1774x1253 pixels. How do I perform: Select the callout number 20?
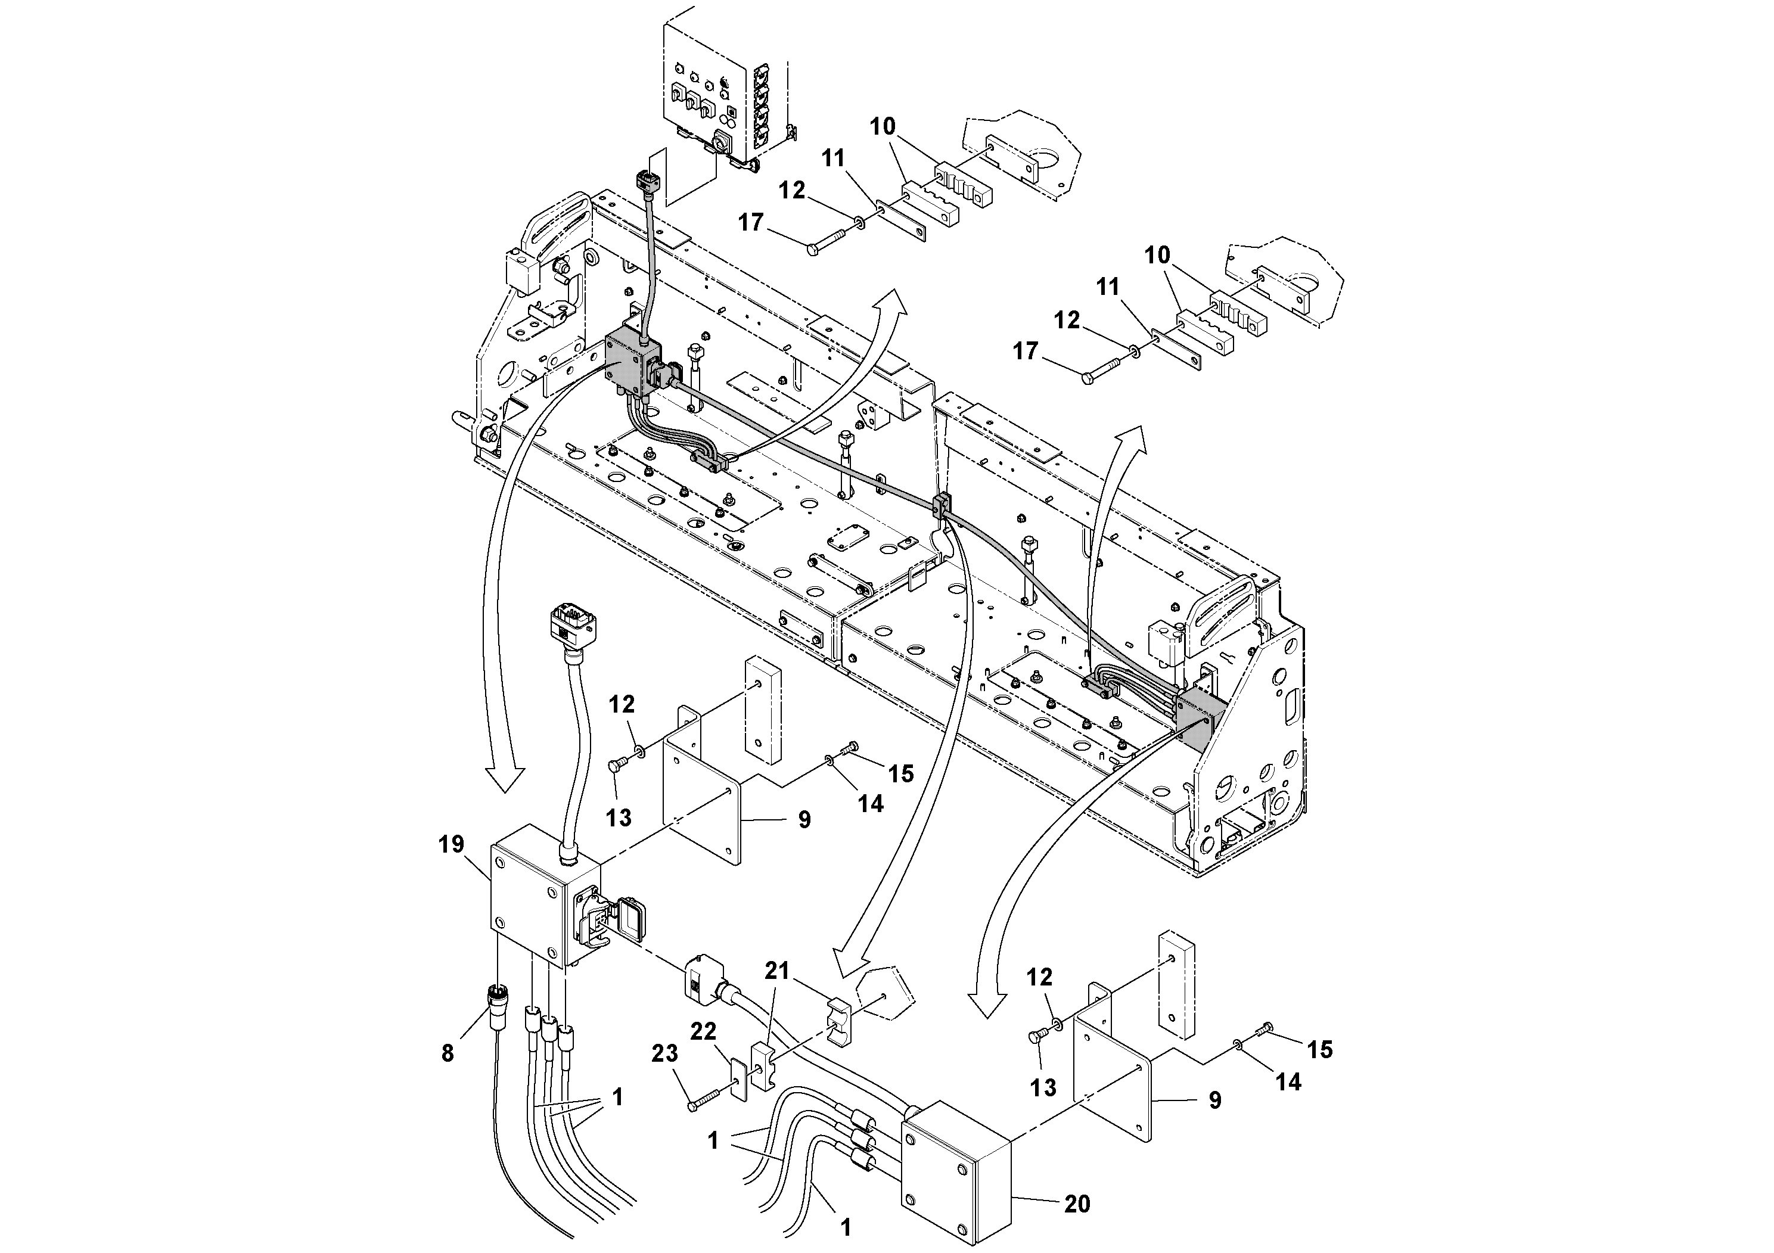(1077, 1204)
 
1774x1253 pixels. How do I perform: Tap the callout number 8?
(448, 1053)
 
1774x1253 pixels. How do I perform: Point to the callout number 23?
(664, 1053)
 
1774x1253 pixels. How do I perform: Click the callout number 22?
(703, 1031)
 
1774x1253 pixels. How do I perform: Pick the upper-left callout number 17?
(750, 222)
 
